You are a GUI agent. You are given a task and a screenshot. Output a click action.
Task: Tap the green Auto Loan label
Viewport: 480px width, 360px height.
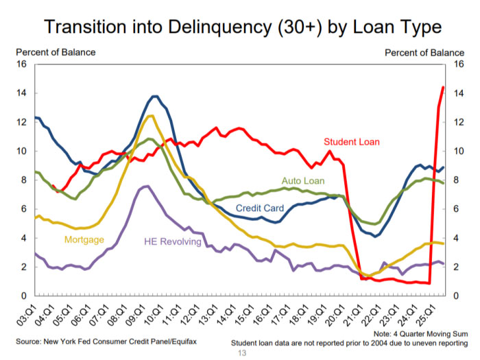[302, 180]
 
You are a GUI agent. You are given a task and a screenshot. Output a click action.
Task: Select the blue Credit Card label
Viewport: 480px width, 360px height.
[260, 208]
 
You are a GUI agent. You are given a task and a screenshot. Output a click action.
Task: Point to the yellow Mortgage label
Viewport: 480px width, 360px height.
[84, 239]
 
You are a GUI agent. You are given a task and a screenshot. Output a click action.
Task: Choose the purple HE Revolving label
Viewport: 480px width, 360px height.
[172, 241]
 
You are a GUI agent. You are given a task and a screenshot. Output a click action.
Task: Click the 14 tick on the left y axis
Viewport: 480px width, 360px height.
[22, 93]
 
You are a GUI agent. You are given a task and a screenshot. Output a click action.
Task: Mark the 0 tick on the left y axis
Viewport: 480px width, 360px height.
[24, 296]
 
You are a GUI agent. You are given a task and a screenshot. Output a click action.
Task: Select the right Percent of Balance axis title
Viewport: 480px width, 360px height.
[424, 52]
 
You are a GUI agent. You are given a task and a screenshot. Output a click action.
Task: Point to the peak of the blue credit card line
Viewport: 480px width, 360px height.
[155, 96]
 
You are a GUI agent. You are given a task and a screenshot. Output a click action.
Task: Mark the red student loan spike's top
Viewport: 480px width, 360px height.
[443, 87]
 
